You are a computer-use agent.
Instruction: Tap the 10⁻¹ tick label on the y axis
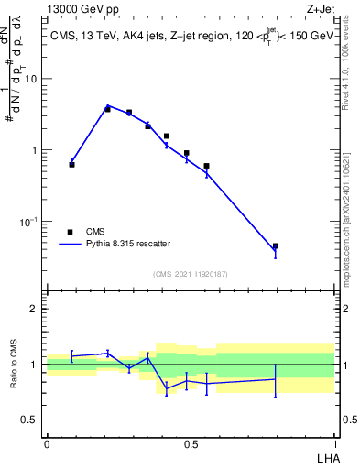coord(30,222)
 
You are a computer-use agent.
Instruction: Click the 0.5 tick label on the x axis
coord(191,444)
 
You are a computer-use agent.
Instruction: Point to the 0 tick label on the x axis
coord(47,444)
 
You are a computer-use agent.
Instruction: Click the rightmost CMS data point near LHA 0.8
coord(275,245)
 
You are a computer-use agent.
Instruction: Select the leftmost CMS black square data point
coord(71,164)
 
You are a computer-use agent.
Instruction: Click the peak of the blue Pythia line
coord(108,106)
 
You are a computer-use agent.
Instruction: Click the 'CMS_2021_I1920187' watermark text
coord(191,274)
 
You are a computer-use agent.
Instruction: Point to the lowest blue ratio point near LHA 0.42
coord(167,389)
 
